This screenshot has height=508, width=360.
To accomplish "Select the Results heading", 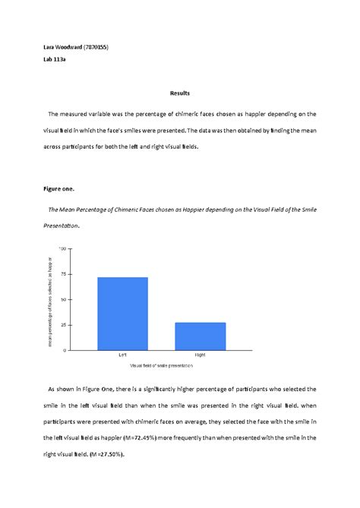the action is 179,93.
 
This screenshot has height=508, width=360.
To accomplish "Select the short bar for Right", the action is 200,336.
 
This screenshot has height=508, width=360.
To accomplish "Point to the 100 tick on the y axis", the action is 62,248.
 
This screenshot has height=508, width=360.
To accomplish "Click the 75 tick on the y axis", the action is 63,274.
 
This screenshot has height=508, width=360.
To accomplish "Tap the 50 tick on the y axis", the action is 63,299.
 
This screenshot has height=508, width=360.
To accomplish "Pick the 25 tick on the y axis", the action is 63,325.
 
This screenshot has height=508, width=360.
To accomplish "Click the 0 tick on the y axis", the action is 65,350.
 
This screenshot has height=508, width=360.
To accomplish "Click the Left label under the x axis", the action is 122,355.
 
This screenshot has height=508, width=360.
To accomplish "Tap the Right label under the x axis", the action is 200,355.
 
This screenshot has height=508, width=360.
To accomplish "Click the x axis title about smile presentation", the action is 161,365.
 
